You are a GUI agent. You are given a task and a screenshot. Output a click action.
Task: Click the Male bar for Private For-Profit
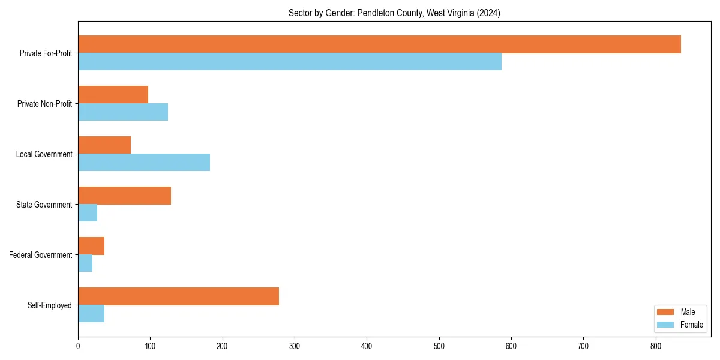379,44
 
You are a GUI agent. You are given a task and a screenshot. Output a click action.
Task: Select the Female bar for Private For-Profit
290,62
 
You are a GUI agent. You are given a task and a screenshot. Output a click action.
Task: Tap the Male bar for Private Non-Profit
113,95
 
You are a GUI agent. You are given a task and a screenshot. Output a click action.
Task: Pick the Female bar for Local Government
144,163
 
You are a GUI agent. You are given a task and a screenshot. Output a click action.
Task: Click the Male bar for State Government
124,196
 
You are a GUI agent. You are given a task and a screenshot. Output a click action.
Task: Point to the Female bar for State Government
88,213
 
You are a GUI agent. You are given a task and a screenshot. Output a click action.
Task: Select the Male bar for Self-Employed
178,296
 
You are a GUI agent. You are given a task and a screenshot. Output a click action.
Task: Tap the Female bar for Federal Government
85,263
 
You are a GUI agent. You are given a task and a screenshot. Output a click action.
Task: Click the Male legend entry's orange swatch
666,312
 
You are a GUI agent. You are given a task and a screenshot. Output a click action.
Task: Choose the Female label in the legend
692,325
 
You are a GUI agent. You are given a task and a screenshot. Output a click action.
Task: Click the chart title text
394,13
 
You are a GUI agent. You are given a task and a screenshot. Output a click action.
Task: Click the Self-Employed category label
50,305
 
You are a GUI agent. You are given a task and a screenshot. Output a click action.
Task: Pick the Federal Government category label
41,255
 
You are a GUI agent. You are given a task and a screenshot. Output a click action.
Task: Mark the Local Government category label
44,154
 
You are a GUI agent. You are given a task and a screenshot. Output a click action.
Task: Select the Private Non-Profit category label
45,104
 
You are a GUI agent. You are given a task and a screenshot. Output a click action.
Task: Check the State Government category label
44,205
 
